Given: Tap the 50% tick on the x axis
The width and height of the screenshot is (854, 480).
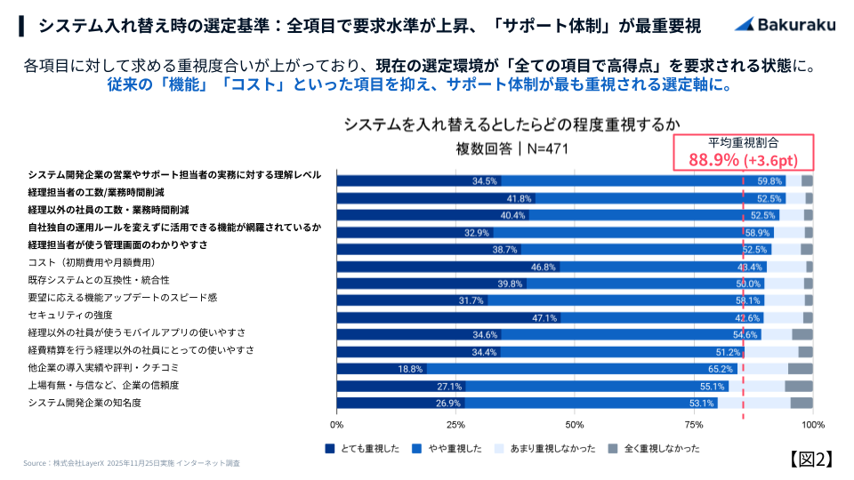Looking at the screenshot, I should (575, 424).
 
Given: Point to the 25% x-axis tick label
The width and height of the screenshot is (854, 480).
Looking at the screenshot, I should (455, 424).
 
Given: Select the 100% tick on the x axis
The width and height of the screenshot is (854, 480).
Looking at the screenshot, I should (813, 424).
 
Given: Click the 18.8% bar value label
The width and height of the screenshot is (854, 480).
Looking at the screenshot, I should (410, 368).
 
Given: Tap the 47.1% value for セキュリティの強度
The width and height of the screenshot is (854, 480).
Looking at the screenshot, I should (544, 317).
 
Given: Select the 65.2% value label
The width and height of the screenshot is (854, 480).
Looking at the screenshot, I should (721, 368).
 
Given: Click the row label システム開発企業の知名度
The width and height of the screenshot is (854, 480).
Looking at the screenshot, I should (85, 403).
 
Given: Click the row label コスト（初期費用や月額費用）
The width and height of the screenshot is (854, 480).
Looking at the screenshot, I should (93, 263).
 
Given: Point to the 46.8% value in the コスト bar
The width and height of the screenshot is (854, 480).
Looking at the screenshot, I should (544, 267).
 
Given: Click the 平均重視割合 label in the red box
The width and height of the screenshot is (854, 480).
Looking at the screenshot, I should (743, 142).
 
